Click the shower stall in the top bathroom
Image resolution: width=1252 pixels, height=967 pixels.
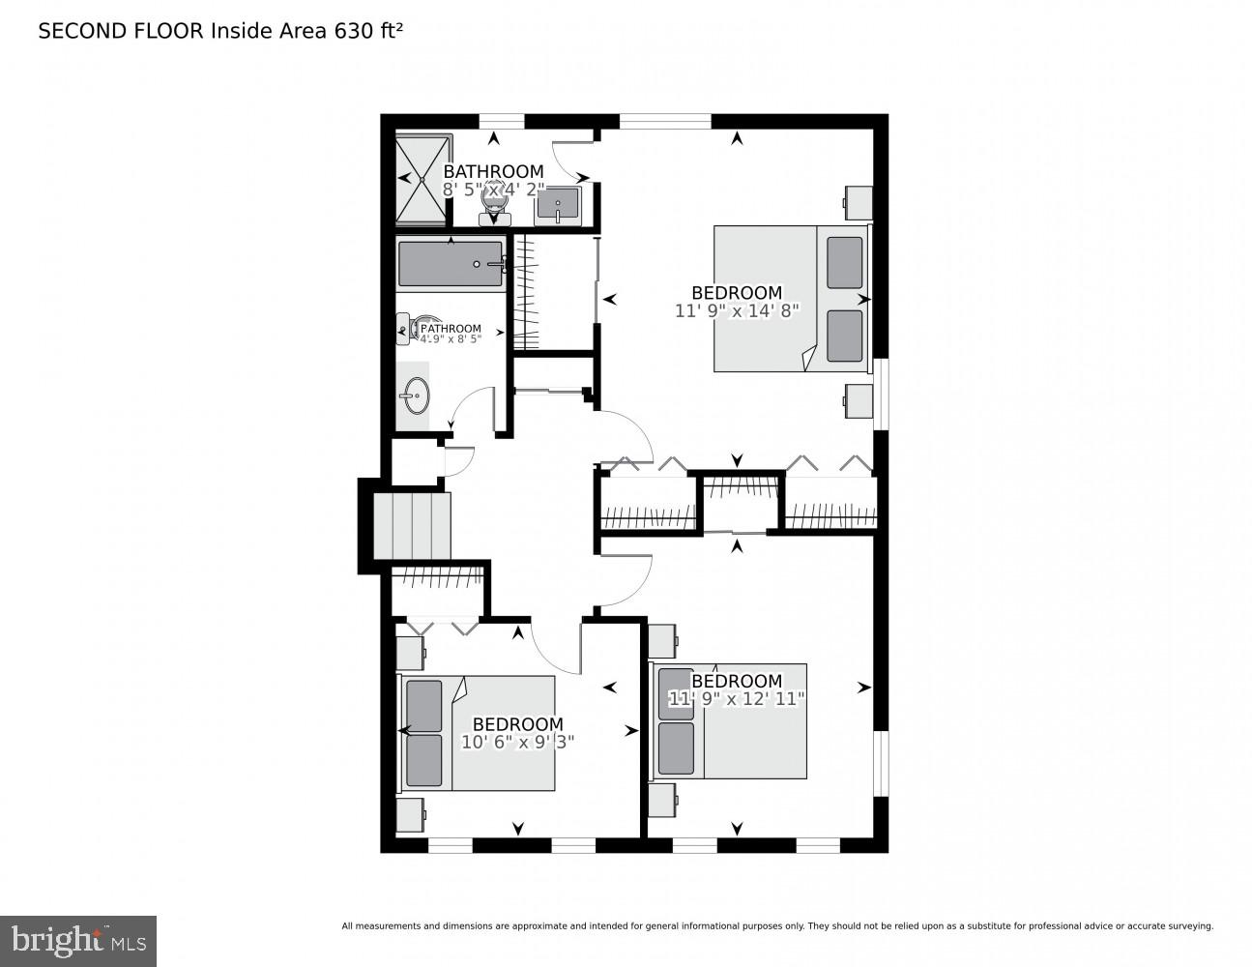[423, 179]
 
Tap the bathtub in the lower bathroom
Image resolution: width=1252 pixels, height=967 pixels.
[451, 264]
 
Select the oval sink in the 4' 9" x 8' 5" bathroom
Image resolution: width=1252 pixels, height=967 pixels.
[416, 395]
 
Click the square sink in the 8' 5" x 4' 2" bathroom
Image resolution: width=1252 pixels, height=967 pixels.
[558, 205]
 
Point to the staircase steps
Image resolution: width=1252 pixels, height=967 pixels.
[413, 525]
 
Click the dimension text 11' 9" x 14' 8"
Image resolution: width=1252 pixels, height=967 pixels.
[737, 311]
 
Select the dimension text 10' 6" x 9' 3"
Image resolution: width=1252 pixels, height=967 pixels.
[518, 743]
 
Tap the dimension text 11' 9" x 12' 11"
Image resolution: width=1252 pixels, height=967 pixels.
[737, 699]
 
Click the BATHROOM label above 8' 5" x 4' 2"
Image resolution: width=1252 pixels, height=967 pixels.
[493, 172]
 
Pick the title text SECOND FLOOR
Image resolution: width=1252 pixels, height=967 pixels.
[121, 31]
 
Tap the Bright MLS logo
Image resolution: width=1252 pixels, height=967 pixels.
[77, 940]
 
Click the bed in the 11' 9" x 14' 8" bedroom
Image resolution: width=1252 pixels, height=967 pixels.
[791, 299]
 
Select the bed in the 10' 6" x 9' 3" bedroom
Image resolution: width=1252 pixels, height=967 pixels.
[478, 733]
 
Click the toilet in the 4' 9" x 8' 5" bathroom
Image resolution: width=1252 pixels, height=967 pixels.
[408, 330]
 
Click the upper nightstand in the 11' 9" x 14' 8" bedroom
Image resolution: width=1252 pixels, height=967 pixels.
[858, 203]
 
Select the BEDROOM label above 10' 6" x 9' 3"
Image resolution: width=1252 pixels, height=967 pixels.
[517, 724]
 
